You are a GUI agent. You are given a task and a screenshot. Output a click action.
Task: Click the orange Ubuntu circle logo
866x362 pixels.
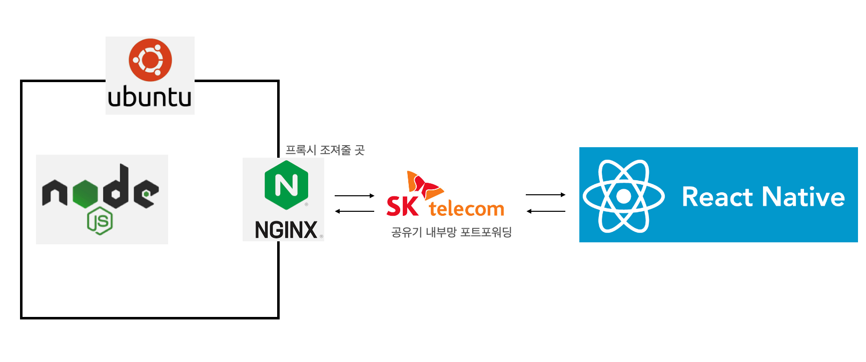pyautogui.click(x=150, y=60)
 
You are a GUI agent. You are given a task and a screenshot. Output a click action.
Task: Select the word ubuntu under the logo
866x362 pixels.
pyautogui.click(x=150, y=97)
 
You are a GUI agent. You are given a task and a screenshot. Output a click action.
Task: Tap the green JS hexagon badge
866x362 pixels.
pyautogui.click(x=100, y=221)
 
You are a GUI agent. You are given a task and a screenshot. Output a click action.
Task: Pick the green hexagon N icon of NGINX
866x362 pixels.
pyautogui.click(x=286, y=185)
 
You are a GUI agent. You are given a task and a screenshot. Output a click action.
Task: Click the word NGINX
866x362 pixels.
pyautogui.click(x=286, y=230)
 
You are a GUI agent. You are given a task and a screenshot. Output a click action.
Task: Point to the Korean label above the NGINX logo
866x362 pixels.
pyautogui.click(x=325, y=150)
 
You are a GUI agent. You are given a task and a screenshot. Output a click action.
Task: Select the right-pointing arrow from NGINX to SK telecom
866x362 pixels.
pyautogui.click(x=354, y=196)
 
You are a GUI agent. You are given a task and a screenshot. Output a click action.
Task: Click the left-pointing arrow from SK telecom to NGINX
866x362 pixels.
pyautogui.click(x=354, y=211)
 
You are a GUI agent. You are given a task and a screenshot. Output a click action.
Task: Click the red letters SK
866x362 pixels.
pyautogui.click(x=402, y=206)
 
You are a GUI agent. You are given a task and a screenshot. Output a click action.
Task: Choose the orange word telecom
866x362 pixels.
pyautogui.click(x=466, y=209)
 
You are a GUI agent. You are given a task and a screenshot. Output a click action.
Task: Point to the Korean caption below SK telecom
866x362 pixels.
pyautogui.click(x=451, y=232)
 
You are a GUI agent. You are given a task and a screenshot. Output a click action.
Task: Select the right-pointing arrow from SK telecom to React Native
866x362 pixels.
pyautogui.click(x=545, y=195)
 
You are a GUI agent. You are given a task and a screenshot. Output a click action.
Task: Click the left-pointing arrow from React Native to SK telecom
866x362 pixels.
pyautogui.click(x=545, y=211)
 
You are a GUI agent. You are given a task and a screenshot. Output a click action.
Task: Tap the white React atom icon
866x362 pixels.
pyautogui.click(x=623, y=196)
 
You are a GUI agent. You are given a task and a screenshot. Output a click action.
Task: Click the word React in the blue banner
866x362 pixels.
pyautogui.click(x=717, y=197)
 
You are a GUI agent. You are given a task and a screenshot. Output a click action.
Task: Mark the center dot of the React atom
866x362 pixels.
pyautogui.click(x=623, y=196)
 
